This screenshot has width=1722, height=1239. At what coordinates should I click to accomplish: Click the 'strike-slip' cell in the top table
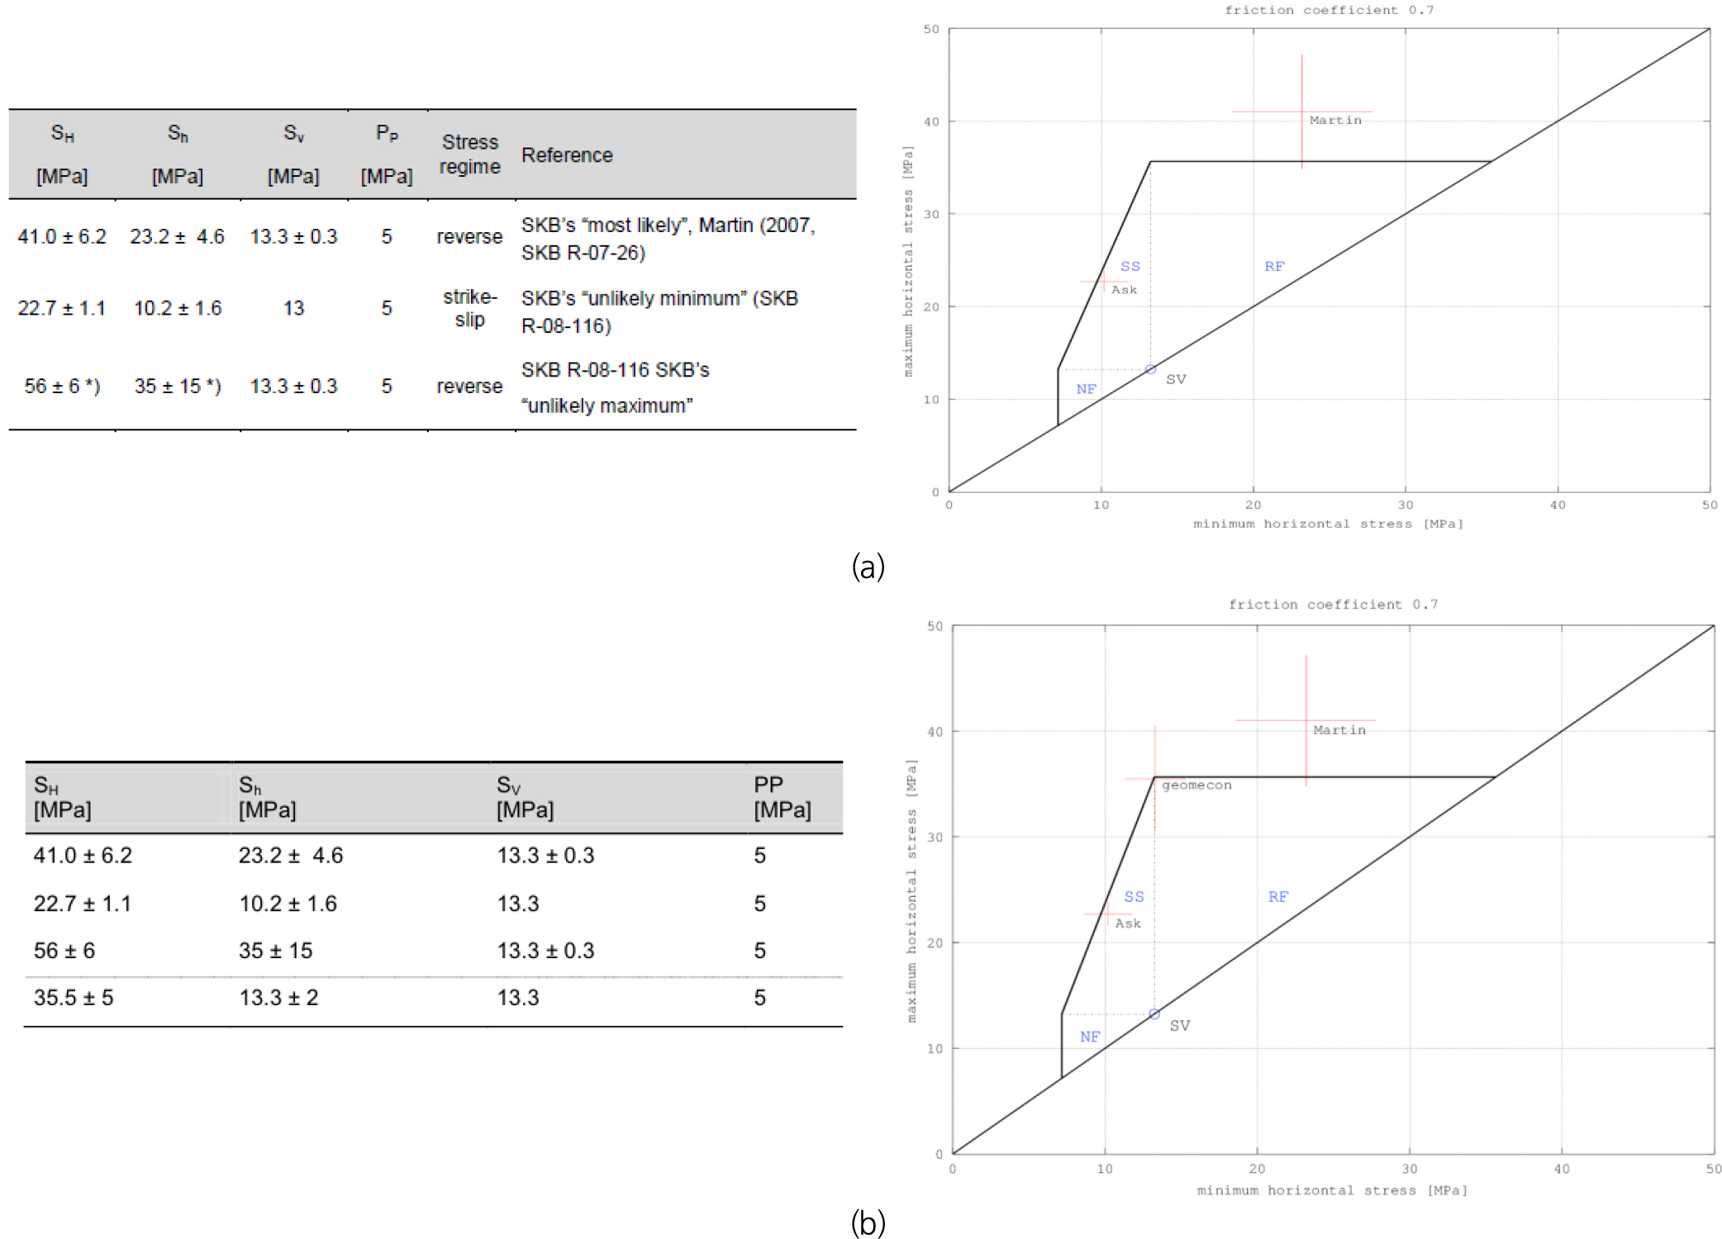(469, 308)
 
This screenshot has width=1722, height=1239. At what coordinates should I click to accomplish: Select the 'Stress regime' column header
(469, 154)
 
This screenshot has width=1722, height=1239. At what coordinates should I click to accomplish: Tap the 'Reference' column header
(567, 155)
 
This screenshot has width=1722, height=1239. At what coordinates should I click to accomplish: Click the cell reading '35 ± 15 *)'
(178, 386)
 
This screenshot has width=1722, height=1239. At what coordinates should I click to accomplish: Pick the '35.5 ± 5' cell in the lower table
(74, 998)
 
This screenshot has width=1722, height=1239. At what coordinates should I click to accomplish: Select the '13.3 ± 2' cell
(278, 998)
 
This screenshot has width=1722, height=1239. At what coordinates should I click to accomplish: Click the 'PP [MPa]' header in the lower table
(782, 797)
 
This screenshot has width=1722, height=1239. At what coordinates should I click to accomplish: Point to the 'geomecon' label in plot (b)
(1196, 786)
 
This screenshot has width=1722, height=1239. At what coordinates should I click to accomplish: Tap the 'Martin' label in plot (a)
(1335, 121)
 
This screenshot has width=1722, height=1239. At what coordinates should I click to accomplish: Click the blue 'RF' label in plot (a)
(1274, 266)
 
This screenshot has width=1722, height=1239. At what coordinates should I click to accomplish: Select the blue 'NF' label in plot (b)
(1090, 1037)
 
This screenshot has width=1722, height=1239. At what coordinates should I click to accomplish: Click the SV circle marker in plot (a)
(1150, 369)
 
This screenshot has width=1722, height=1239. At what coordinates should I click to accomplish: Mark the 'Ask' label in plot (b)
(1128, 923)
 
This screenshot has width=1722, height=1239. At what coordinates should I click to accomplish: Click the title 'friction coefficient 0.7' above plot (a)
(1329, 11)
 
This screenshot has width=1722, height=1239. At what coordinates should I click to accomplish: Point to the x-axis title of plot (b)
(1332, 1190)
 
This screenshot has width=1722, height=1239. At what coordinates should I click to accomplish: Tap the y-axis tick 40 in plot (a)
(931, 121)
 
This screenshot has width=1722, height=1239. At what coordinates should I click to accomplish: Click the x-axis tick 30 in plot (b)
(1410, 1169)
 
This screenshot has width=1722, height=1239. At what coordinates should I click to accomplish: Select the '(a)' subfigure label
(868, 567)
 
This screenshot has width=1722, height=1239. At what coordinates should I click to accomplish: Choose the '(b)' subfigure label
(868, 1223)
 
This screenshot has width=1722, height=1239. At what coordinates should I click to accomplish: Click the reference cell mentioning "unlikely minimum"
(659, 311)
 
